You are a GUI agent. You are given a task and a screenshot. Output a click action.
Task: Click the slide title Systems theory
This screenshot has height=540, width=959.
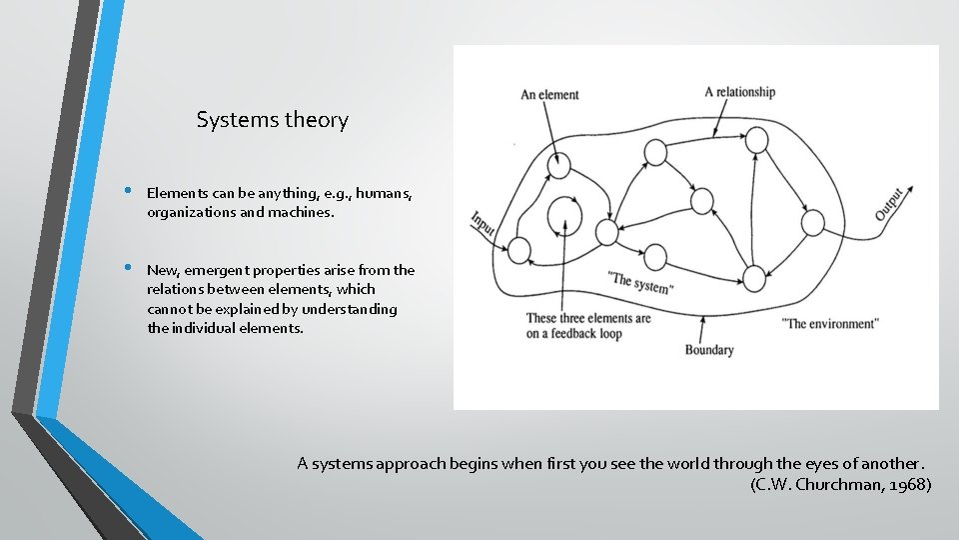tap(272, 120)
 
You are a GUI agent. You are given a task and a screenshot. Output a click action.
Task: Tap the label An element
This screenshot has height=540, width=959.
tap(549, 95)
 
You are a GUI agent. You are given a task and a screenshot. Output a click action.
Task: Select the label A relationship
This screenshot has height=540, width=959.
tap(739, 92)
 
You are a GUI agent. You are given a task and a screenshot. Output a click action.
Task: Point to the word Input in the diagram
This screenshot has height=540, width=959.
tap(483, 222)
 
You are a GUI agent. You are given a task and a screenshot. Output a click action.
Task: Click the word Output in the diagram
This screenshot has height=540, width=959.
tap(889, 203)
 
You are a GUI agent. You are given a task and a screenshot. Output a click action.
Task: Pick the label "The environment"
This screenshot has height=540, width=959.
tap(830, 323)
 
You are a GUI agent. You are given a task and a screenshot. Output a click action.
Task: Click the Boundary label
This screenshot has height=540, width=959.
tap(709, 350)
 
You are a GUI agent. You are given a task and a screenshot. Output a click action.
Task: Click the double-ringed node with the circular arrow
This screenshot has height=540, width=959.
tap(564, 214)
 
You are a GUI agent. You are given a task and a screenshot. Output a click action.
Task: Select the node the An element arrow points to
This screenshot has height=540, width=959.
tap(560, 164)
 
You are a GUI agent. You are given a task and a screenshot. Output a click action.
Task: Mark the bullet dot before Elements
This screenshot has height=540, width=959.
tap(129, 191)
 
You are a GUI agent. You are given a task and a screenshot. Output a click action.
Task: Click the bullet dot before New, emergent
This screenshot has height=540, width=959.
tap(129, 269)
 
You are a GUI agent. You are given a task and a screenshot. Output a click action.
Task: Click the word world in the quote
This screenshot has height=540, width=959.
tap(655, 463)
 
